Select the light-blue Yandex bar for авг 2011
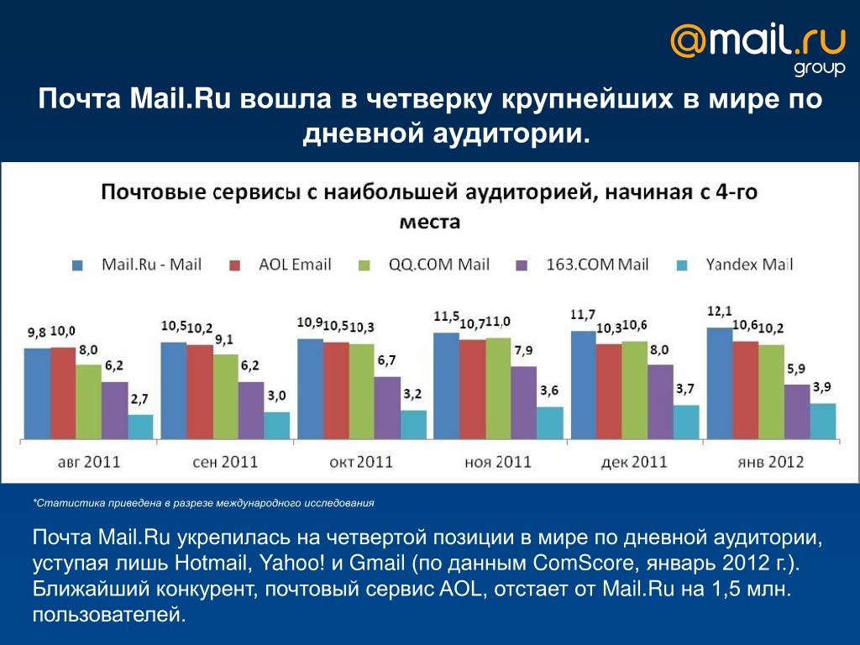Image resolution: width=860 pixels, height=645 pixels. [141, 427]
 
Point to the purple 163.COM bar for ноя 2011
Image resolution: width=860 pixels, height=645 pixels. [523, 402]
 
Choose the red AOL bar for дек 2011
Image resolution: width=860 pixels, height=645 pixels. [609, 391]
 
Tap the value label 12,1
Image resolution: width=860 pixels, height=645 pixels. [719, 312]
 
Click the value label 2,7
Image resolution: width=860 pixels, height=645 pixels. [140, 400]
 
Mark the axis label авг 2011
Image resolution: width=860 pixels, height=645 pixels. [88, 461]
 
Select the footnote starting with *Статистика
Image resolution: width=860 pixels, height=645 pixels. [202, 503]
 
